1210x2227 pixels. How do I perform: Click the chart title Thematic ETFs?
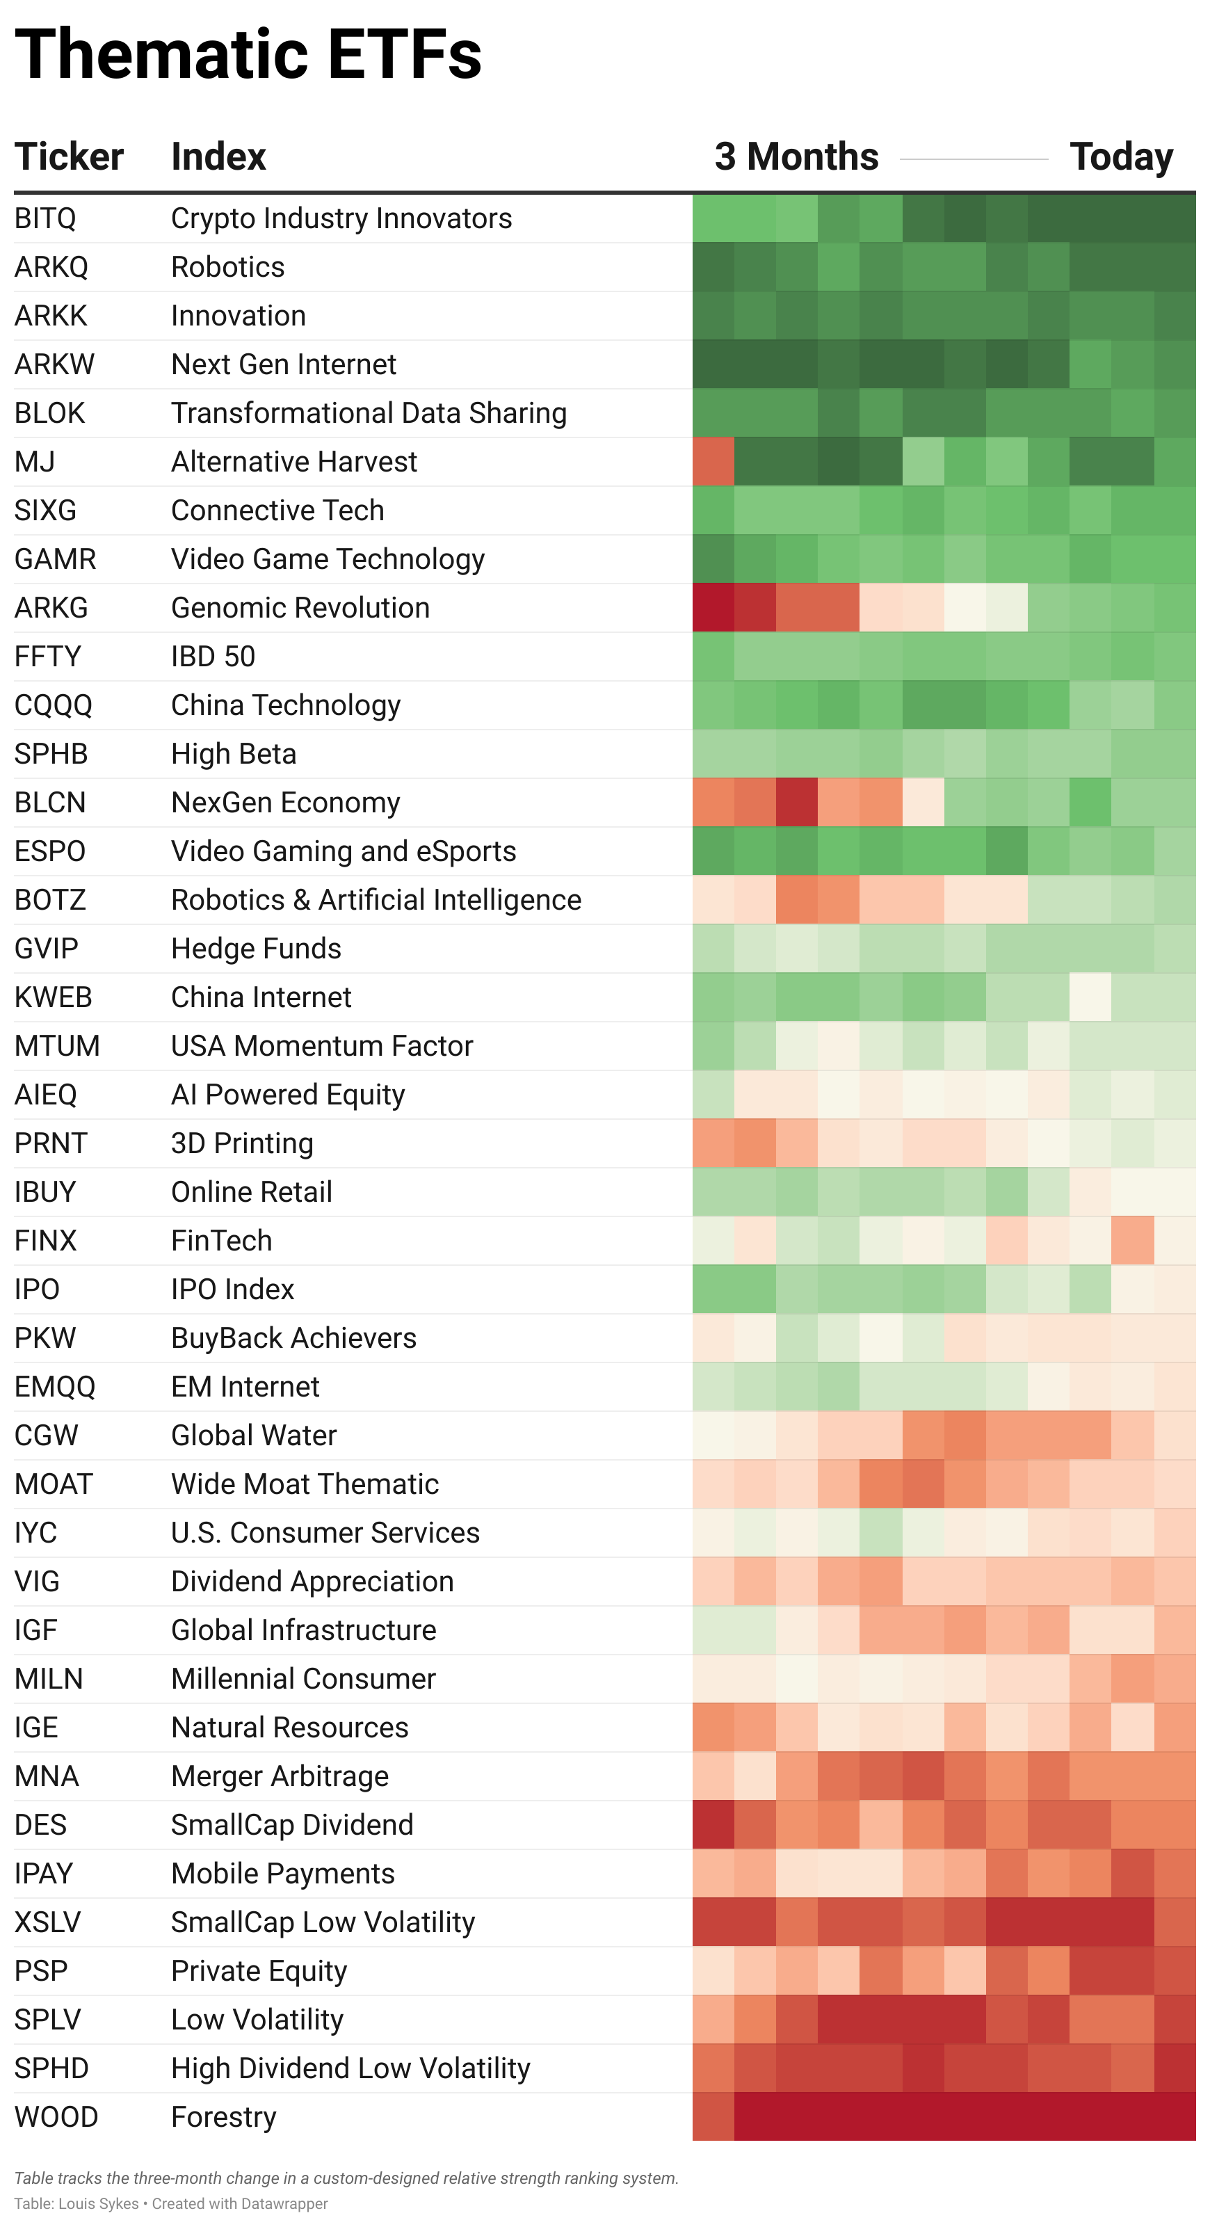click(248, 54)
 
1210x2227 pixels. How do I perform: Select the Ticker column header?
click(69, 157)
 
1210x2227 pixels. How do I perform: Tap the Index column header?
click(218, 157)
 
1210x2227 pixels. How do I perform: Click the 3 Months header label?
click(796, 157)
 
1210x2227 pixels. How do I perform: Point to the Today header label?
click(1121, 157)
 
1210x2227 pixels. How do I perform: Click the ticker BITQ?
click(45, 218)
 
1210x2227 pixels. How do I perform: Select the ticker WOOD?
click(56, 2117)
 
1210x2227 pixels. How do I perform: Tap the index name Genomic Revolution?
click(300, 608)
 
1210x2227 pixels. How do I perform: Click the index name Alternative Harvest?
click(294, 462)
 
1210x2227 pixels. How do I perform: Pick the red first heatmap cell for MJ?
click(713, 462)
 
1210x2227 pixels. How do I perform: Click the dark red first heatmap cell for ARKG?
click(713, 608)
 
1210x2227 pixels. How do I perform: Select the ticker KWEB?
click(53, 997)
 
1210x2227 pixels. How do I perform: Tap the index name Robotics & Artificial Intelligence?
click(376, 900)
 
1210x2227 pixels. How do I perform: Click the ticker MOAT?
click(53, 1484)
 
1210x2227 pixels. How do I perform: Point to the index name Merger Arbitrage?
click(279, 1776)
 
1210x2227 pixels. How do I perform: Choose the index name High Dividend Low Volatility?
click(350, 2069)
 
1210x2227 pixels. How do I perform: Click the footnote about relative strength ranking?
click(346, 2178)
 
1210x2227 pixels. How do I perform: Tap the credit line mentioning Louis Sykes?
click(170, 2203)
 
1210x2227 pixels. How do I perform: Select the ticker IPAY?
click(44, 1874)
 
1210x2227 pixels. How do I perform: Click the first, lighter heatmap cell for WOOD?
click(713, 2117)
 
